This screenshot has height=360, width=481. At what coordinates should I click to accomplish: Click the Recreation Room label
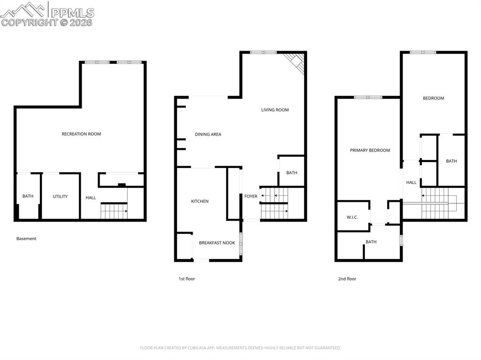(81, 134)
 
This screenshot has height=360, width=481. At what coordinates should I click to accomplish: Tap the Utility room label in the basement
(60, 197)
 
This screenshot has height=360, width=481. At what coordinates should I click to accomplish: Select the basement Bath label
(28, 196)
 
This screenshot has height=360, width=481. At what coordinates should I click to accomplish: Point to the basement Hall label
(91, 198)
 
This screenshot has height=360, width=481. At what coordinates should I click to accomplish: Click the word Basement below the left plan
(26, 239)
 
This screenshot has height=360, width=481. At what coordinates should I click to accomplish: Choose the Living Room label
(275, 110)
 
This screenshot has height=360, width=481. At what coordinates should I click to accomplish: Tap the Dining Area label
(208, 135)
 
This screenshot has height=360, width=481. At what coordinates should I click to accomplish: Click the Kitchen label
(200, 201)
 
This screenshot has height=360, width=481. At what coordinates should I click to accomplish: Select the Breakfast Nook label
(217, 243)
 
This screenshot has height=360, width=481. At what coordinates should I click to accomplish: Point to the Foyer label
(251, 196)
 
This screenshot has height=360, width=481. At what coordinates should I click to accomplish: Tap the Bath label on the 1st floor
(292, 173)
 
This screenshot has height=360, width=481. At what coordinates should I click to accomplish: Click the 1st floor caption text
(186, 279)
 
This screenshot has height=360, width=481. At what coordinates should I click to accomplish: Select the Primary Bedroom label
(370, 151)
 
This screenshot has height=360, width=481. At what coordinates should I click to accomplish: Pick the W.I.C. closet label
(352, 217)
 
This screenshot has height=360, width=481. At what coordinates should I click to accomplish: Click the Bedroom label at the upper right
(433, 99)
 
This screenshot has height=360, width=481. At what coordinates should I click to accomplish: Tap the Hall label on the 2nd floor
(411, 183)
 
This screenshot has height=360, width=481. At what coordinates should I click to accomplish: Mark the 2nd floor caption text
(347, 279)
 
